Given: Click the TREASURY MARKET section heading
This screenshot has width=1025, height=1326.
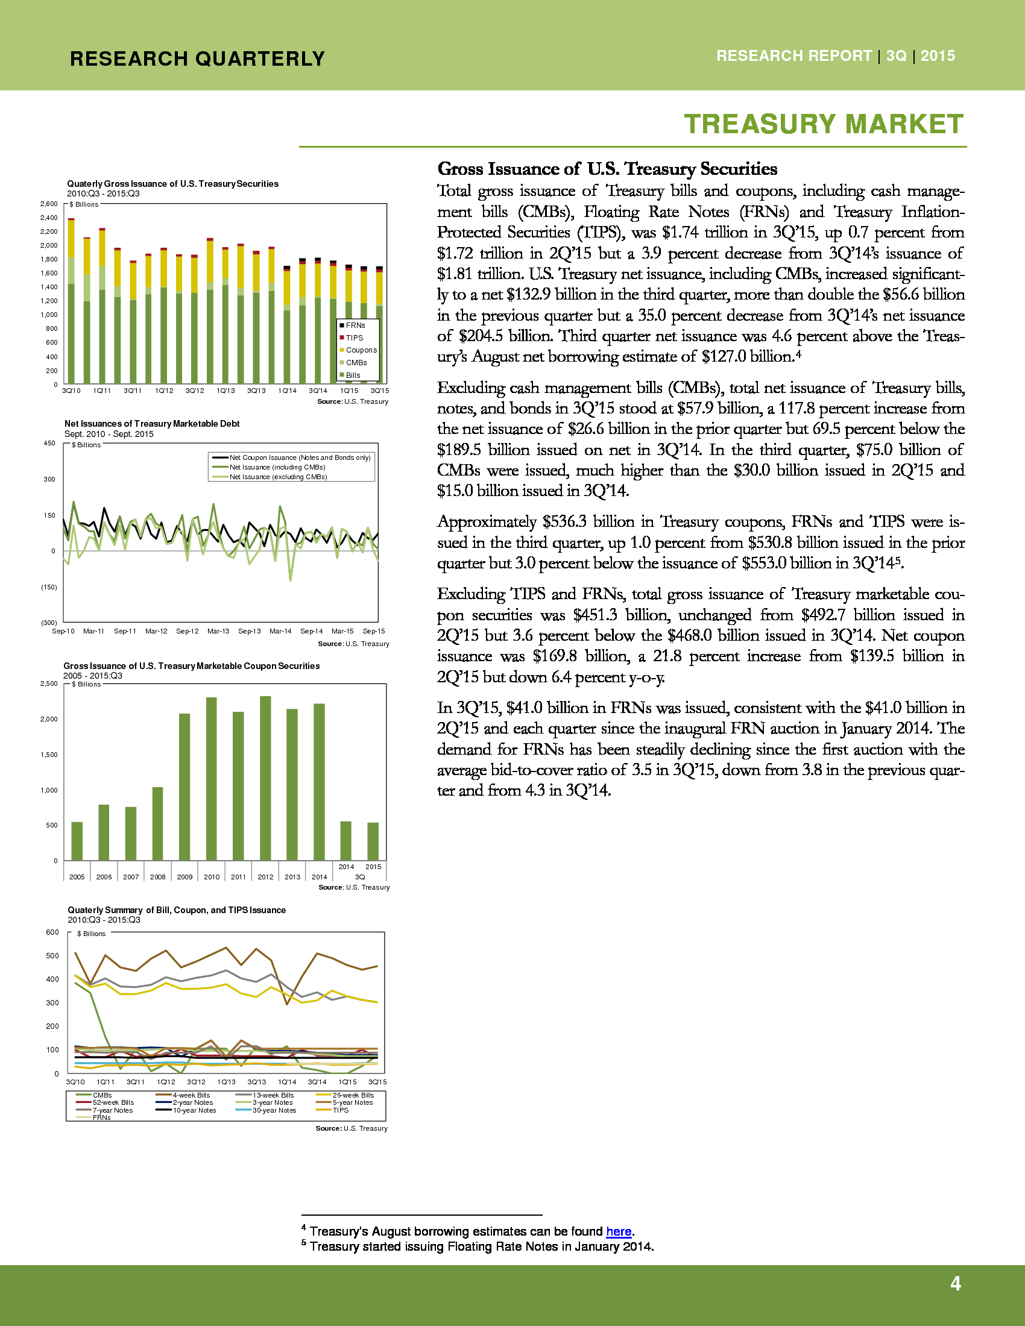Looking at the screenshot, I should (x=824, y=125).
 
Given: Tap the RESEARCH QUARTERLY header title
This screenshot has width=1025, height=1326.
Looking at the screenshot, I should (x=197, y=59).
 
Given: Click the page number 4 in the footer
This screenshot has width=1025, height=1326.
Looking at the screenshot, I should (x=955, y=1283).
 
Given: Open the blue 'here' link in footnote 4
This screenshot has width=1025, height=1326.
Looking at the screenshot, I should (x=619, y=1231).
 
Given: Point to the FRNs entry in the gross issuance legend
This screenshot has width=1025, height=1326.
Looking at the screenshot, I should (x=355, y=325).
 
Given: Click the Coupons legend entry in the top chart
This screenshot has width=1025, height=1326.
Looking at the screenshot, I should (x=361, y=350).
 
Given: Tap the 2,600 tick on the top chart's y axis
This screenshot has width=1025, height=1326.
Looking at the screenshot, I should (x=49, y=204).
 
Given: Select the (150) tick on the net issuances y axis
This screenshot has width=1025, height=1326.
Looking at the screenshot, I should (x=49, y=587).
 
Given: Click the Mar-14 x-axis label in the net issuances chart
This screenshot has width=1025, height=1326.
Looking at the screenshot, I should (x=280, y=632).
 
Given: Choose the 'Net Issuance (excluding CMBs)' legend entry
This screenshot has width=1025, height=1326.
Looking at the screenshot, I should (x=277, y=477).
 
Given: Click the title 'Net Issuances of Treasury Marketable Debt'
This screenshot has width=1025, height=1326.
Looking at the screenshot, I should (x=152, y=424).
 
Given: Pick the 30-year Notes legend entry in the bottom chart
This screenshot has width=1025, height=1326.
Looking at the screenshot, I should (x=274, y=1110).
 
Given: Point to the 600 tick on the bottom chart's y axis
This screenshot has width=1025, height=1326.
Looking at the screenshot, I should (x=53, y=932).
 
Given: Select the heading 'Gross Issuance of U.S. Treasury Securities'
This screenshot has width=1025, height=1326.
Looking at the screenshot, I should (x=607, y=169).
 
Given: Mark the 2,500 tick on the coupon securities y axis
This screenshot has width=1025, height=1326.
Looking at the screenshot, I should (x=49, y=683).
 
